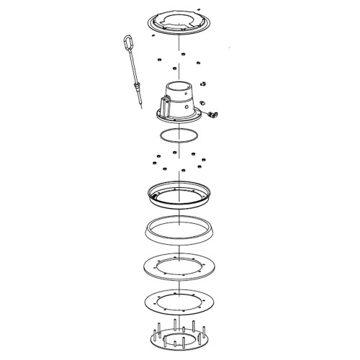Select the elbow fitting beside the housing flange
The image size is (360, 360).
[x=212, y=113]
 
